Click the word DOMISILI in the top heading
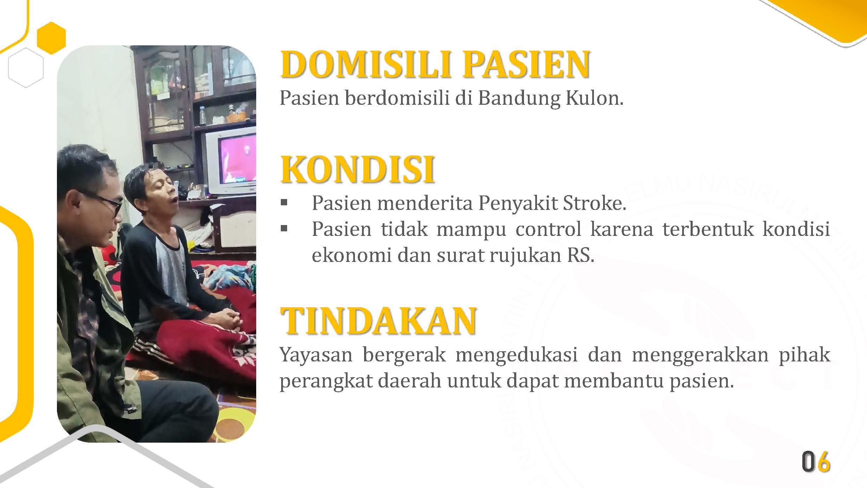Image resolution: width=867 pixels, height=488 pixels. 365,64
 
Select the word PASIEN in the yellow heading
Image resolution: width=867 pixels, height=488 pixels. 526,64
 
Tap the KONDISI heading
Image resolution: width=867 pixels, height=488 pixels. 357,170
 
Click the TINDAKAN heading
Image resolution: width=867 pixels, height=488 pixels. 378,321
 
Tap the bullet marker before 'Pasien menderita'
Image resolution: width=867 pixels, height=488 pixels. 284,203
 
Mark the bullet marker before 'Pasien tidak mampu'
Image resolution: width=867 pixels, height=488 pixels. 284,229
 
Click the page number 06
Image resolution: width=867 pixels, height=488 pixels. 816,461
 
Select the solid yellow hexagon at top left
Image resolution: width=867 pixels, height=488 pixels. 51,38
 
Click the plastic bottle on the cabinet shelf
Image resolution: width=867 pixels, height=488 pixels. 203,115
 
